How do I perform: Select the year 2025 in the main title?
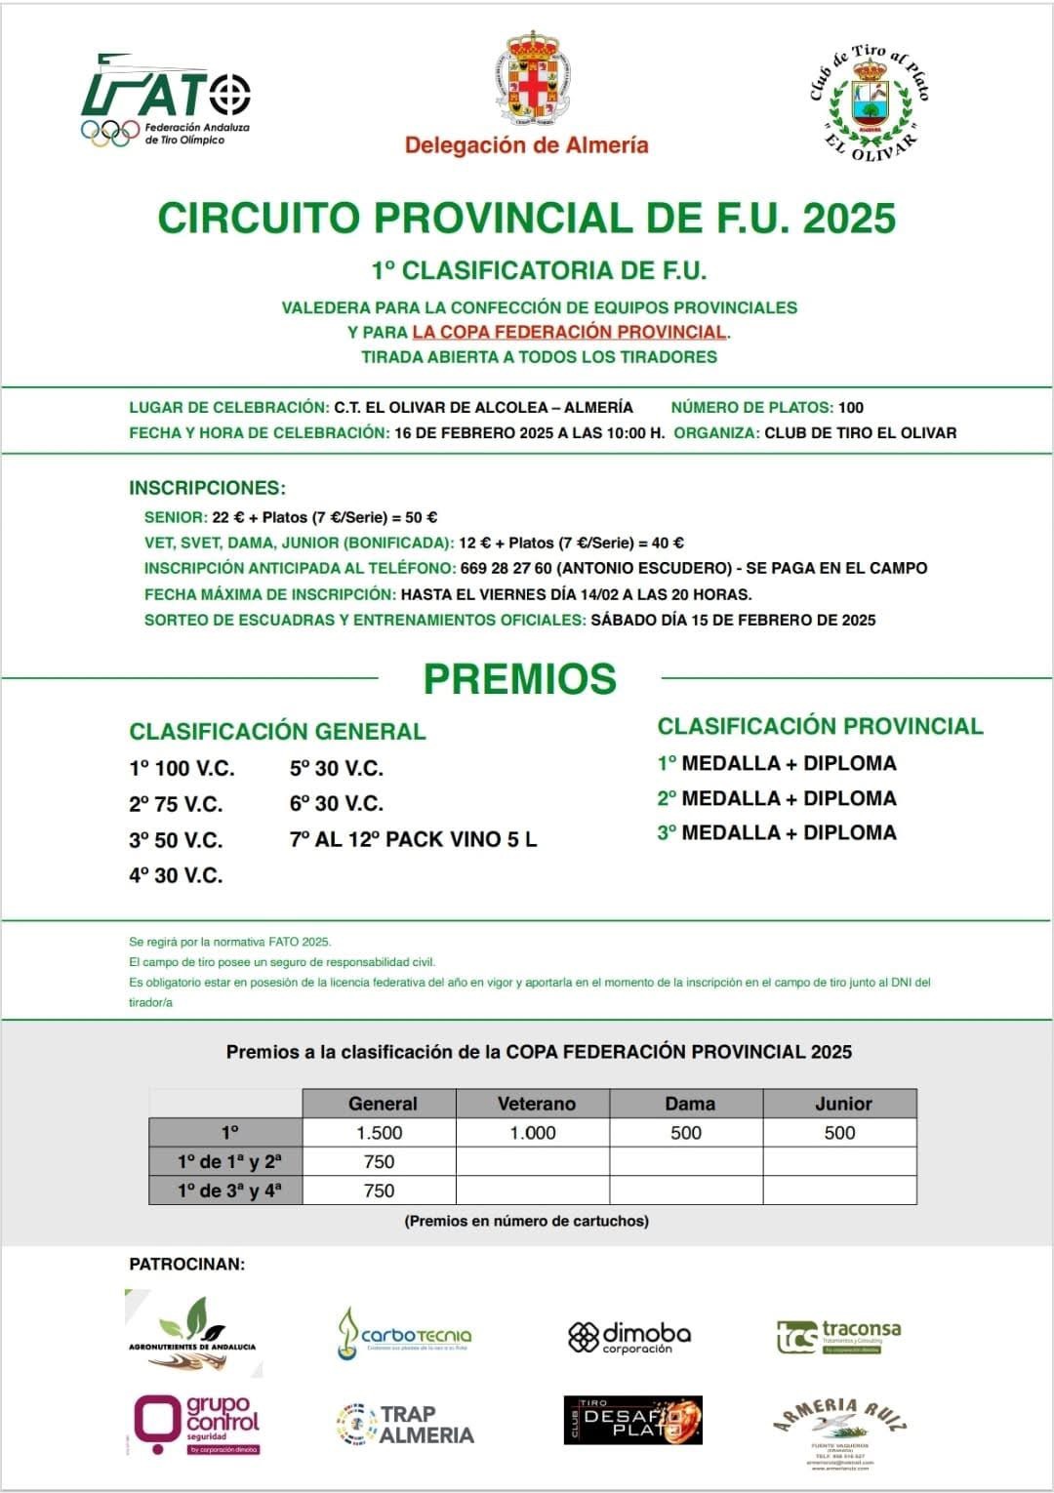[848, 218]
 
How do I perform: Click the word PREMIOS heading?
[519, 679]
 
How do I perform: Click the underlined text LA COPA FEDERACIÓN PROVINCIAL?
[569, 332]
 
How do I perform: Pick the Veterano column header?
[536, 1104]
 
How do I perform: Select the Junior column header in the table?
[842, 1104]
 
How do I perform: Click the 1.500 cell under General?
[379, 1133]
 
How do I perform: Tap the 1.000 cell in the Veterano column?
[533, 1133]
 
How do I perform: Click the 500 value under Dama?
[686, 1133]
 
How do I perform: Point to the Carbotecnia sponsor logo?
[405, 1335]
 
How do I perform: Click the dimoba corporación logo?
[629, 1337]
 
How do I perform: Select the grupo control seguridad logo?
[197, 1425]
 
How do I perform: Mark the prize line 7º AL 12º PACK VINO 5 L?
[413, 839]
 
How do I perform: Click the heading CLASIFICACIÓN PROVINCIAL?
[820, 726]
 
